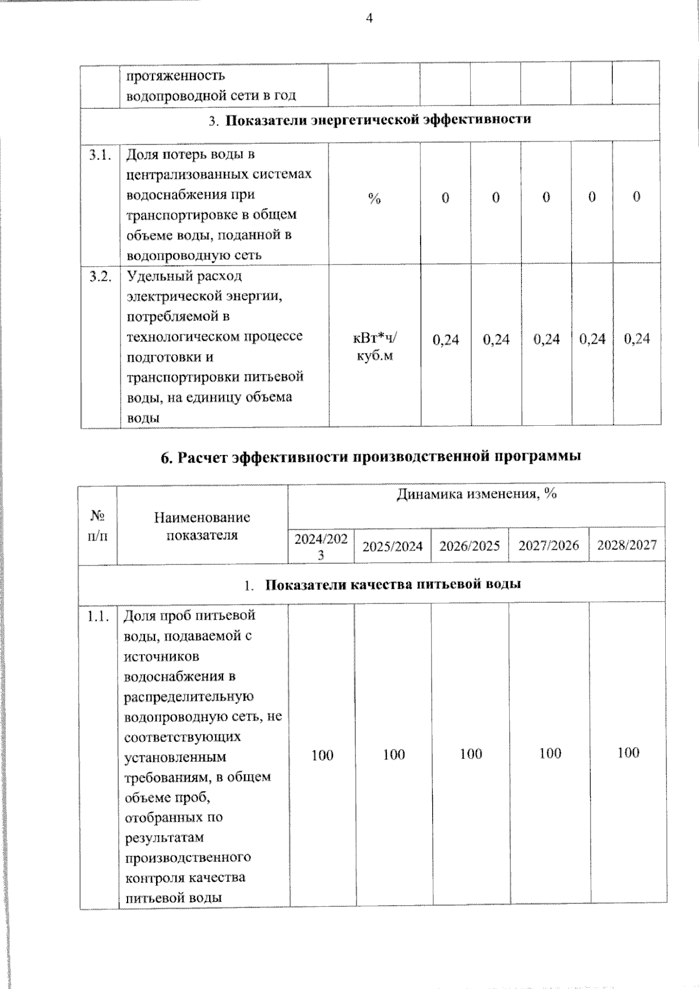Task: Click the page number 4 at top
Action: coord(369,19)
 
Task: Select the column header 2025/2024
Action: coord(393,546)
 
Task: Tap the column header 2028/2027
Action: coord(627,545)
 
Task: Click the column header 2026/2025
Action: coord(469,546)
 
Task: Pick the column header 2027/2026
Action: coord(549,545)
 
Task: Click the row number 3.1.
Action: coord(100,155)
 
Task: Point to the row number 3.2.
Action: coord(100,276)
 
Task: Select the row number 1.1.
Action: coord(98,616)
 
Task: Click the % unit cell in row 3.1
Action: coord(374,199)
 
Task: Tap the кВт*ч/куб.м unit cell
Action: coord(375,347)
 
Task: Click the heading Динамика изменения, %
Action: coord(476,494)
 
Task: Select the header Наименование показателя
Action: coord(202,526)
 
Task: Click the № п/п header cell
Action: coord(97,525)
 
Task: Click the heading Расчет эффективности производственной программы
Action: coord(370,457)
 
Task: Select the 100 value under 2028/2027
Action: coord(628,753)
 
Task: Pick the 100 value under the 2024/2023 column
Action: coord(322,755)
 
